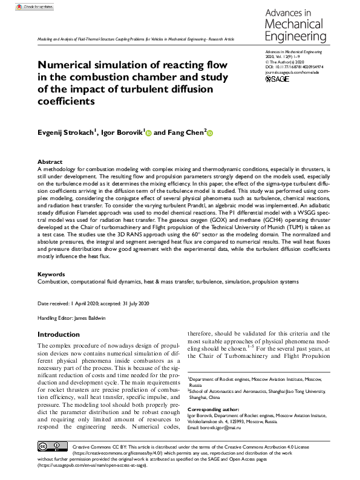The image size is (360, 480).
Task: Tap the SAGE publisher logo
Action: pos(278,79)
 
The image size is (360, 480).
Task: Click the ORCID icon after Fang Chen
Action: pos(211,132)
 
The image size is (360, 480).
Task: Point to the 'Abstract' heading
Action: pos(50,162)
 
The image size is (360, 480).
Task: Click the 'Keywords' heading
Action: pos(51,274)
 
